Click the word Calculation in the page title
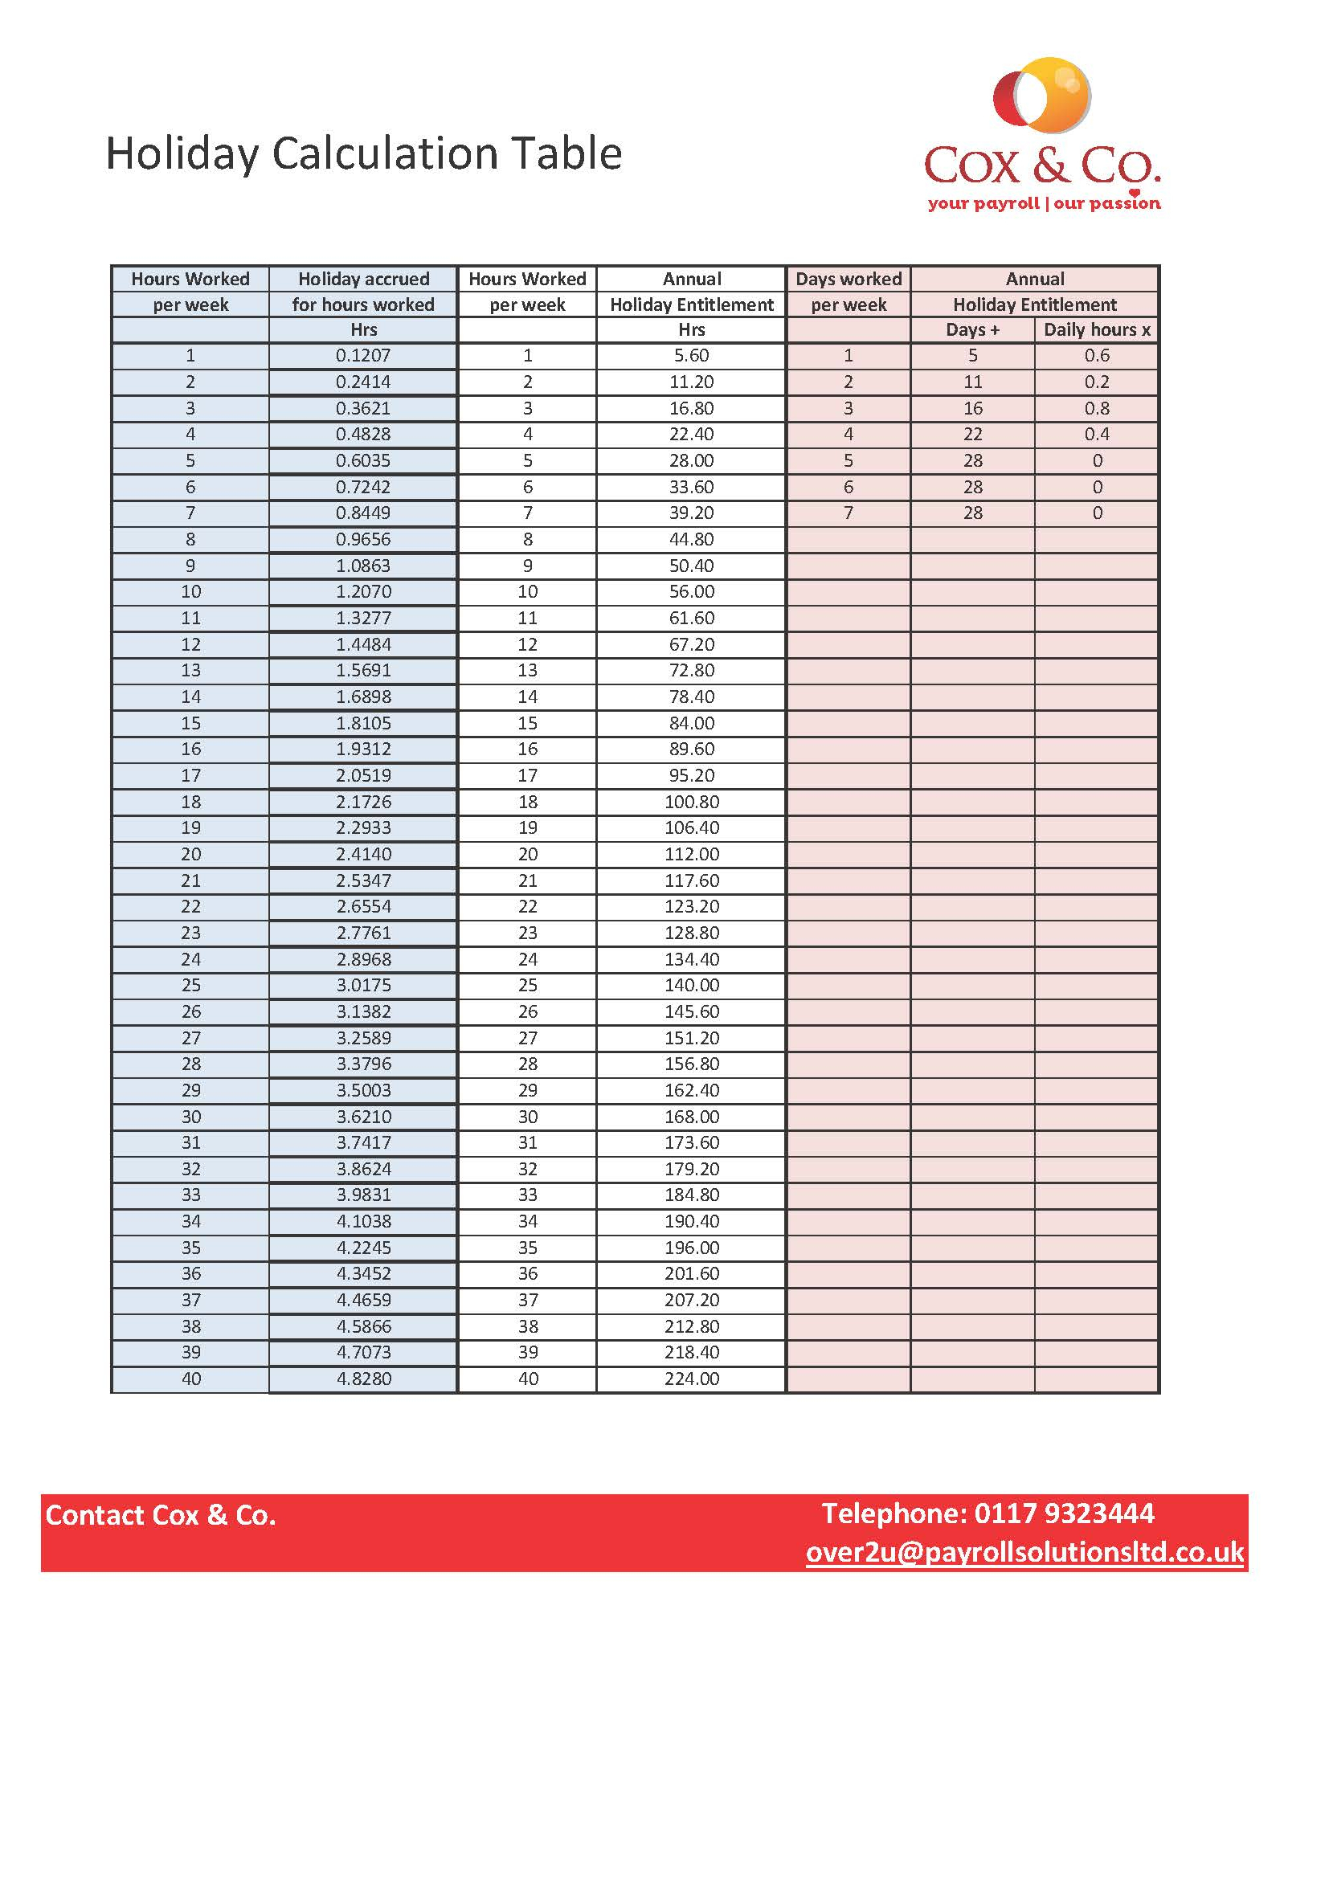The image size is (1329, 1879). tap(384, 154)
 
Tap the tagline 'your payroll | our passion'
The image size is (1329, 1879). tap(1044, 203)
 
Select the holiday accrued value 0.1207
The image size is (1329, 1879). tap(363, 356)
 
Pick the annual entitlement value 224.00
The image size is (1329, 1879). tap(692, 1379)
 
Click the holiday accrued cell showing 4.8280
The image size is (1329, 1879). tap(363, 1379)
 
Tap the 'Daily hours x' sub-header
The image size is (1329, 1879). tap(1097, 330)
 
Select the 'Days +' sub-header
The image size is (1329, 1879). tap(972, 330)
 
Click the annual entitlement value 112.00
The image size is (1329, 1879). tap(692, 855)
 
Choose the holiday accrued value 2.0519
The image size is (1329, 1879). tap(363, 776)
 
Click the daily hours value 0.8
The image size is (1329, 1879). tap(1097, 408)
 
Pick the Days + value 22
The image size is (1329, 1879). tap(972, 435)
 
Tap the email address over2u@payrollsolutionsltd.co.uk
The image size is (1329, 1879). tap(1024, 1553)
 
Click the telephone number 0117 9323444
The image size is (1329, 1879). tap(1064, 1514)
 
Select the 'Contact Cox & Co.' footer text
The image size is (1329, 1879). tap(161, 1516)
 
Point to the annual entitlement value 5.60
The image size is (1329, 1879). tap(692, 356)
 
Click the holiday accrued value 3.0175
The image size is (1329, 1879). tap(363, 986)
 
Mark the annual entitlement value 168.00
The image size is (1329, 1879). tap(692, 1117)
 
